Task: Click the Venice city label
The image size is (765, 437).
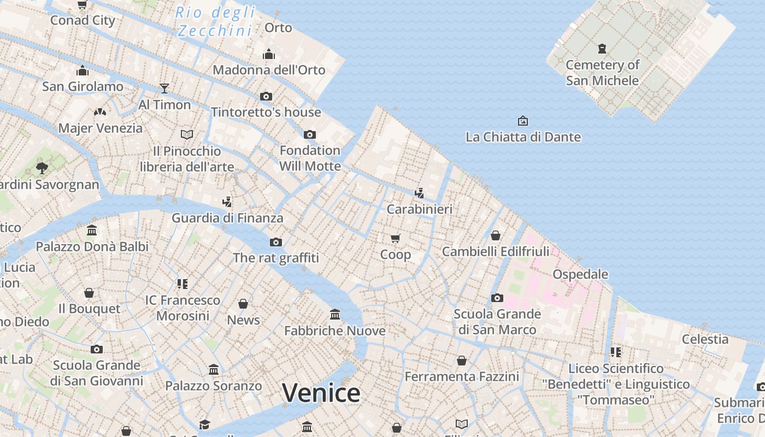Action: pos(321,393)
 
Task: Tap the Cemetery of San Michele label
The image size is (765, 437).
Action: pos(602,73)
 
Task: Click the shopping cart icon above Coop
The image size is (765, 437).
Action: pos(396,238)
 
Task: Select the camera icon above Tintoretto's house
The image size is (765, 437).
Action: pos(266,97)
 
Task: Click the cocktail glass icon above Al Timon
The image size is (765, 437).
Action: pos(164,88)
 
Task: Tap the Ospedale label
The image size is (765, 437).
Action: pos(580,274)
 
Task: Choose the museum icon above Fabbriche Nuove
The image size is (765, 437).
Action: pos(335,315)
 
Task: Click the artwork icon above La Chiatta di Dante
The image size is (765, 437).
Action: pos(523,121)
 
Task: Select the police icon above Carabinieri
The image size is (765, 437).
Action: pos(419,193)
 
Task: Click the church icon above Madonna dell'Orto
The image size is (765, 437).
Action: pos(269,54)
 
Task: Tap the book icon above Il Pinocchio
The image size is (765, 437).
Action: pos(187,134)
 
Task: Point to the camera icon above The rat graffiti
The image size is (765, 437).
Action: pos(276,242)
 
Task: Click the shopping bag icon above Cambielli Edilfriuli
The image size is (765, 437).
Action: pos(496,235)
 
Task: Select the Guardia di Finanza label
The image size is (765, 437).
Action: pos(227,218)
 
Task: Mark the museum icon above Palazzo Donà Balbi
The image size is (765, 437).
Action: pos(92,231)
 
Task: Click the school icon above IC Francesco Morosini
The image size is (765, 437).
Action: pos(183,284)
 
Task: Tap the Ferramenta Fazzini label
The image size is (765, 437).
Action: pos(462,376)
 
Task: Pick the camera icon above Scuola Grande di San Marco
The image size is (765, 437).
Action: pos(497,298)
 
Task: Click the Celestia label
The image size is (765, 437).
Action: pos(705,339)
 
